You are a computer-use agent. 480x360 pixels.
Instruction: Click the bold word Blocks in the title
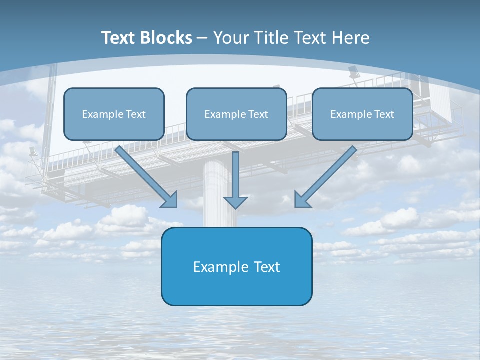click(167, 38)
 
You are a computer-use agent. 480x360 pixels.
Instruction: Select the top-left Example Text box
click(114, 114)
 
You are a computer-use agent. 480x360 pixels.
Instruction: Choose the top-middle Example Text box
click(236, 114)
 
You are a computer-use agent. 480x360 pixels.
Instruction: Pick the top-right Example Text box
click(362, 114)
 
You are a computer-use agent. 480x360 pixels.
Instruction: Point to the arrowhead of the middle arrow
click(235, 202)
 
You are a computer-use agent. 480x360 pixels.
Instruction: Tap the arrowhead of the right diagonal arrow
click(301, 200)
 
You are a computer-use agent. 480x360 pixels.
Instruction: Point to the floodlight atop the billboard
click(354, 73)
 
